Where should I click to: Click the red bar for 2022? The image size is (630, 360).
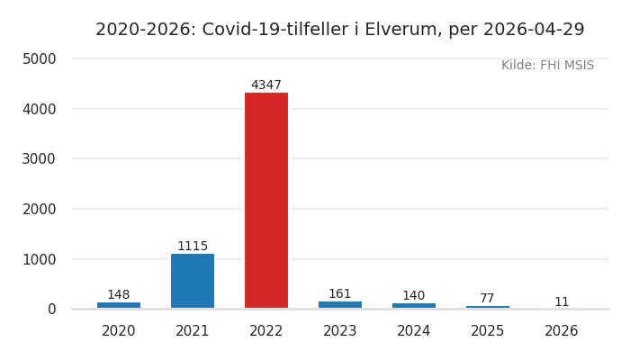point(266,200)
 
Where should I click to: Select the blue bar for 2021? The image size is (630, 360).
point(193,281)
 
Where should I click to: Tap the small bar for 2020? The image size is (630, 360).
point(119,305)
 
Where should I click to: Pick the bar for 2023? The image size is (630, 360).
point(340,305)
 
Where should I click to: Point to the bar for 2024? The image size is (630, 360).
point(414,306)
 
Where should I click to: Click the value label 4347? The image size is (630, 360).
point(266,85)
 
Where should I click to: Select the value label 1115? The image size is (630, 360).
point(193,247)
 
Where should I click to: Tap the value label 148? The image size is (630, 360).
point(119,295)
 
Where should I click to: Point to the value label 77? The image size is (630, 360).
point(487,299)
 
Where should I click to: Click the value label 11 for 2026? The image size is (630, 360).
point(562,302)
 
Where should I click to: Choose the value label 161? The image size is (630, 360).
point(340,294)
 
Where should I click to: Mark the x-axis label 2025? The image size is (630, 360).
point(488,331)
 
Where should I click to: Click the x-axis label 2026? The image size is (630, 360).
point(562,331)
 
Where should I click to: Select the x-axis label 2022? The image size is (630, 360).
point(266,331)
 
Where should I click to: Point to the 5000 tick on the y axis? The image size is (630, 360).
point(39,59)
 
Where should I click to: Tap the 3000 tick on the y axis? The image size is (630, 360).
point(39,159)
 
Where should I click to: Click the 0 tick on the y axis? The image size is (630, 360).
point(51,310)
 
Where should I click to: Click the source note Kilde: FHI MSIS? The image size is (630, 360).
point(547,66)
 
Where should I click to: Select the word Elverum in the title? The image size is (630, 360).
point(405,30)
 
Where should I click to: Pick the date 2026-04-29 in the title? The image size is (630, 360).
point(534,30)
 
